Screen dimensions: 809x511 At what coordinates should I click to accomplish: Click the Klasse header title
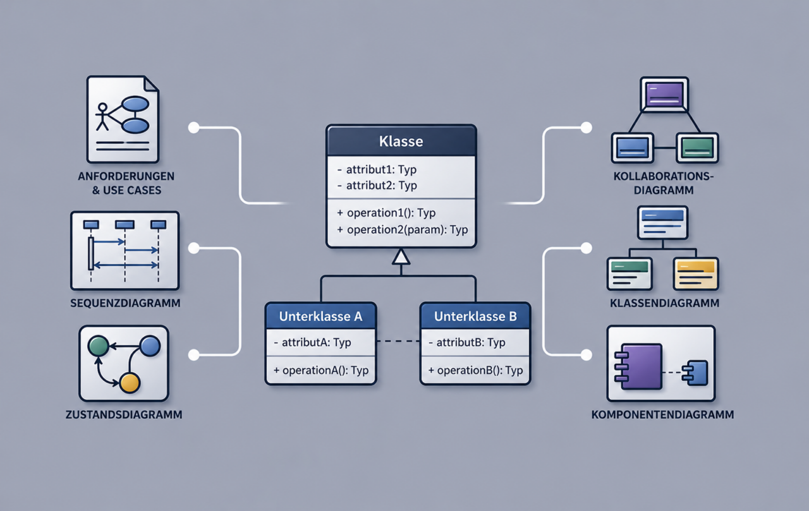401,141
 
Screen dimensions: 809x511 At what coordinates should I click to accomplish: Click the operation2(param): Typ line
403,230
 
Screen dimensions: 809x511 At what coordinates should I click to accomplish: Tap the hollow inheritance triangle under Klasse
401,256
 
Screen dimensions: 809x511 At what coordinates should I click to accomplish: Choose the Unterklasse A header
320,316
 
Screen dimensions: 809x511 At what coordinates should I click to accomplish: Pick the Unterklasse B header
475,316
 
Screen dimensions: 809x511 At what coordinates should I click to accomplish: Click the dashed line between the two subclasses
398,341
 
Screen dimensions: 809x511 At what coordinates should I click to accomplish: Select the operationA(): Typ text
321,370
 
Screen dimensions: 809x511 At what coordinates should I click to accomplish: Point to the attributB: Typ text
467,342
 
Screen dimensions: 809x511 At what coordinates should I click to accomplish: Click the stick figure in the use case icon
102,117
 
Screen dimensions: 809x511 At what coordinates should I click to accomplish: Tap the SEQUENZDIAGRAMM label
125,303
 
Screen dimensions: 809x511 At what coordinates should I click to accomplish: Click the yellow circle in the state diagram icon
130,383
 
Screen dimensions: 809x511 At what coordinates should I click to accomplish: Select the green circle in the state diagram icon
98,346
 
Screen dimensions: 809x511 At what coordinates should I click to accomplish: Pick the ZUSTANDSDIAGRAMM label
124,414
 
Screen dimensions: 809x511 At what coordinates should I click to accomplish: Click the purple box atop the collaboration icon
664,94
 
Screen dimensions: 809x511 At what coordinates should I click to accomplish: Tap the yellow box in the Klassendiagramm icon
696,274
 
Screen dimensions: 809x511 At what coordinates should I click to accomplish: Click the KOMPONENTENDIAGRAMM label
662,414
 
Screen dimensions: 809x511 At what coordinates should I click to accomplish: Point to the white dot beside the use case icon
194,128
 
